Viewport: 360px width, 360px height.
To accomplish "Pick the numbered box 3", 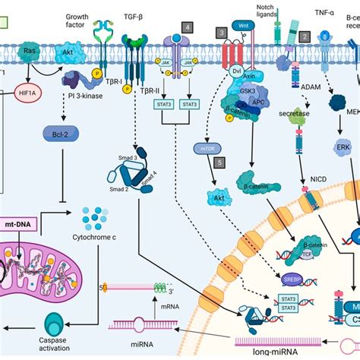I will pos(221,33).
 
